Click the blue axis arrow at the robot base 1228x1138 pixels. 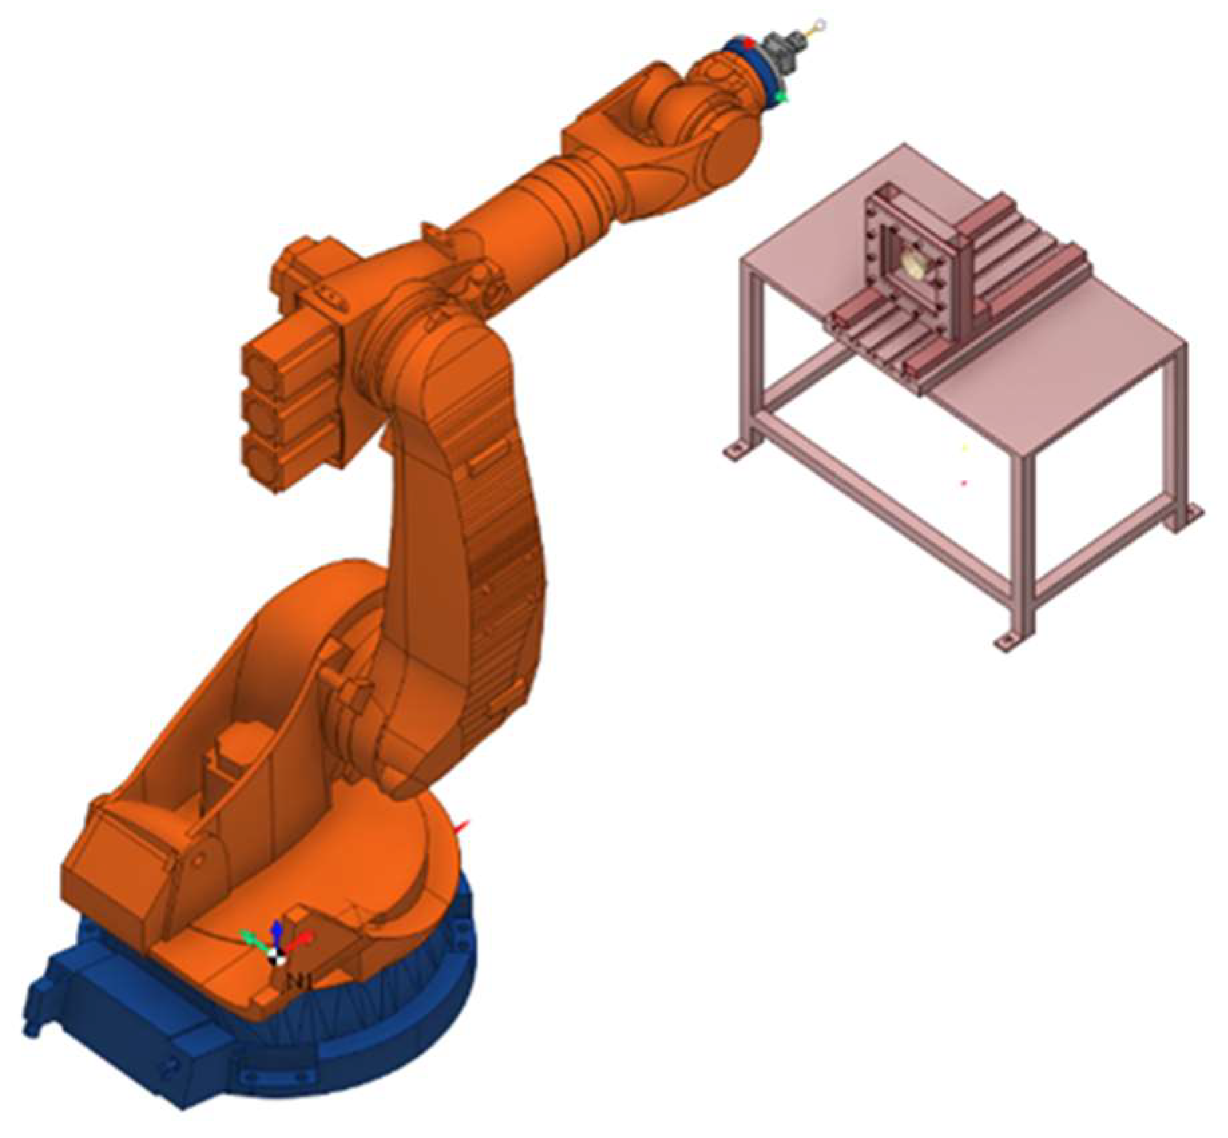(x=275, y=930)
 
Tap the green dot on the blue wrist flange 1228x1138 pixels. (x=785, y=98)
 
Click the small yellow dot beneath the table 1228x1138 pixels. (x=964, y=447)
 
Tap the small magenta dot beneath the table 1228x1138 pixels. (x=964, y=482)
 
